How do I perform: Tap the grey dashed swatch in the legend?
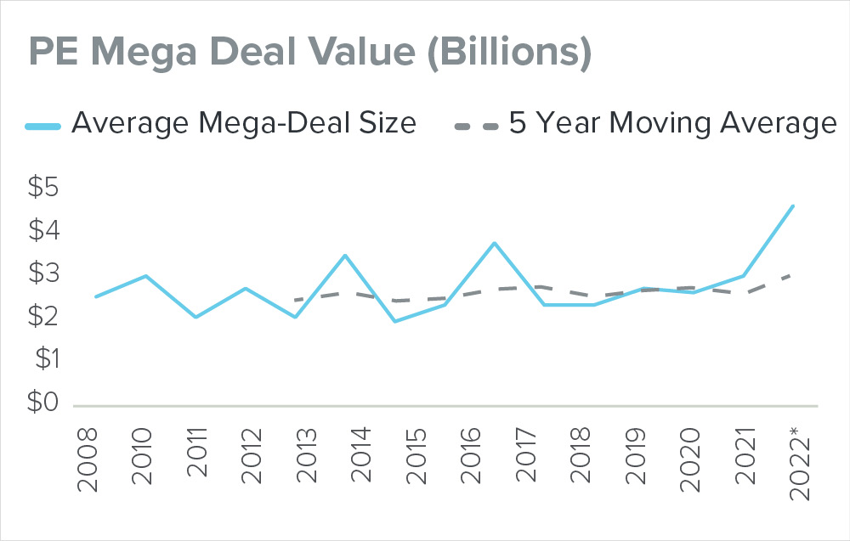tap(476, 124)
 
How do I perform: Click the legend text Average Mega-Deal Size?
tap(244, 124)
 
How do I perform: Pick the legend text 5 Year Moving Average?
tap(672, 124)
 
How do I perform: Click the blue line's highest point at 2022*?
tap(793, 206)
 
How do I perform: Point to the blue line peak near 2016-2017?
tap(494, 243)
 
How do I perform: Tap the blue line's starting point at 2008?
tap(95, 296)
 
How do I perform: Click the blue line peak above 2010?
tap(145, 275)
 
